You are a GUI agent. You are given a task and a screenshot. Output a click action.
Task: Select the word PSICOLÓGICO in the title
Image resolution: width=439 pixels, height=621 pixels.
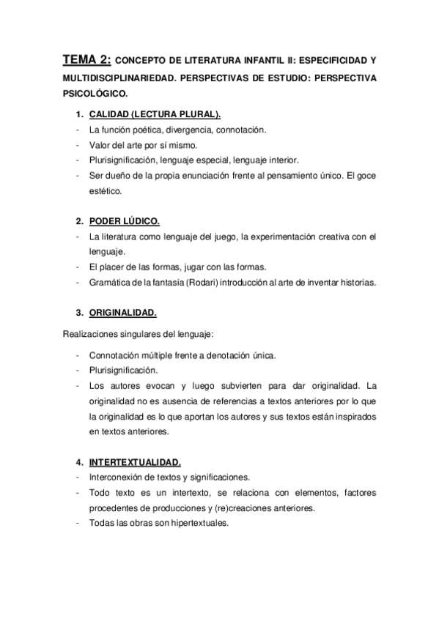point(95,94)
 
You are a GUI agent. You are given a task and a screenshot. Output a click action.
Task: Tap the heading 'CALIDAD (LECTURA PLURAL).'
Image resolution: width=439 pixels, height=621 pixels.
point(155,116)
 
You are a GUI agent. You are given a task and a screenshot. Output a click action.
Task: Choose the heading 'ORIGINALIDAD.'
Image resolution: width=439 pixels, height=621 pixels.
point(122,313)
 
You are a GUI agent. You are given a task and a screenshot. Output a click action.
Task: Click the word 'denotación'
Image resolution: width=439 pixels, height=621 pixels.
point(224,355)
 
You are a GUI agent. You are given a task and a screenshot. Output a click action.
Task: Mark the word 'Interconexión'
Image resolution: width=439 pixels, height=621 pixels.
point(116,477)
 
